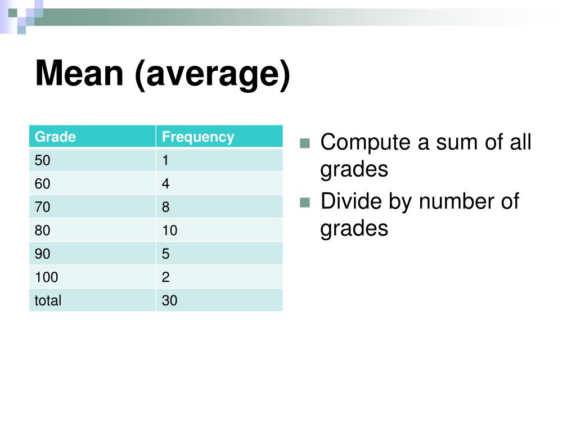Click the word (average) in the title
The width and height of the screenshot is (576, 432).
click(212, 75)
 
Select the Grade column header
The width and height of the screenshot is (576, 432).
click(55, 137)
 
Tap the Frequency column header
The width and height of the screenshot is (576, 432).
click(198, 137)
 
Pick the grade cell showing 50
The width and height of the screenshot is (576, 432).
click(42, 161)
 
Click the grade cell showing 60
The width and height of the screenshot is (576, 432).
click(42, 184)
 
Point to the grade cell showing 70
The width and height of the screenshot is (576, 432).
click(42, 208)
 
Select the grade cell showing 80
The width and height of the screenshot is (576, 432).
click(42, 231)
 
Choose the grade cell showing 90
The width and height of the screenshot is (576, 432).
click(42, 254)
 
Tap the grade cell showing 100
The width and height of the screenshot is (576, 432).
click(46, 277)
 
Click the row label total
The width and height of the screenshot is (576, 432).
click(48, 301)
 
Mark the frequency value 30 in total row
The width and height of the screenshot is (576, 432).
click(169, 301)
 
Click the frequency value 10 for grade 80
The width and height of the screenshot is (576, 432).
click(169, 231)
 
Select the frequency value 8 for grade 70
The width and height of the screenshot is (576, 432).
click(165, 208)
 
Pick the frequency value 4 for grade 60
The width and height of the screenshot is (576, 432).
click(165, 184)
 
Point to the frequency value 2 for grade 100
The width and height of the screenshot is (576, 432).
click(165, 277)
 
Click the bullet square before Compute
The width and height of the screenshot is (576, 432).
click(305, 143)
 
